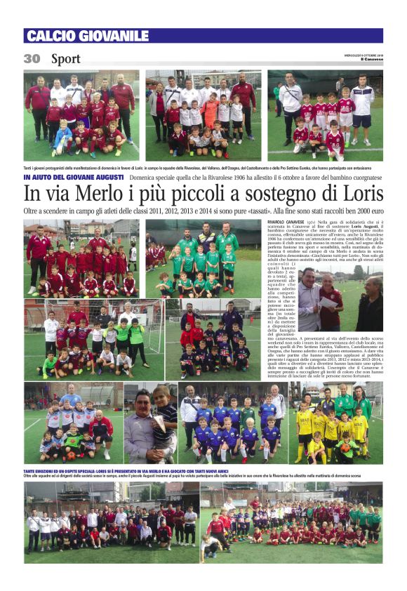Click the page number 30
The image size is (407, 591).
32,59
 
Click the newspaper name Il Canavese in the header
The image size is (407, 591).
373,60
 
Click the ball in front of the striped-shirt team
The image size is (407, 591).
70,456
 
